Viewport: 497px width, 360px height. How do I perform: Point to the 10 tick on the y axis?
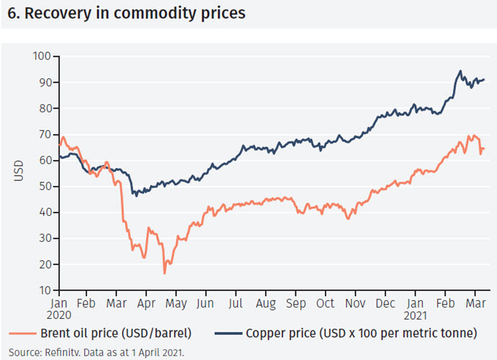[43, 290]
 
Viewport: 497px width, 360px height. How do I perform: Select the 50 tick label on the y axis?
[43, 186]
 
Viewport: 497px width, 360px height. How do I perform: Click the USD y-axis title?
[19, 174]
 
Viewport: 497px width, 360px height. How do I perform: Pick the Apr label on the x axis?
[146, 305]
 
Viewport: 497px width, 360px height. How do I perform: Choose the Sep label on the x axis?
[296, 305]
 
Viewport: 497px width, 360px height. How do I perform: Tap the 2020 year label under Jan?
[60, 316]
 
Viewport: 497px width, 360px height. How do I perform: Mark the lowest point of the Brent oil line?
[165, 274]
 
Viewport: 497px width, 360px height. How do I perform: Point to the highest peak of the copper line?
[460, 71]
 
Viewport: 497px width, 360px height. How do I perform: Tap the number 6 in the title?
[10, 14]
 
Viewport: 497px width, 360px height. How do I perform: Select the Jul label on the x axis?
[236, 305]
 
